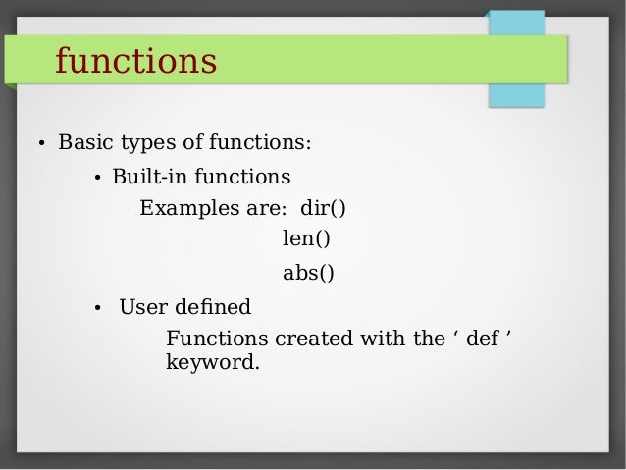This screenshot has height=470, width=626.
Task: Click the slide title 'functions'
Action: click(135, 61)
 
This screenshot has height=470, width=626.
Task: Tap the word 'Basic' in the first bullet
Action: click(85, 143)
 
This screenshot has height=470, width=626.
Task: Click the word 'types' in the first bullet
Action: click(148, 143)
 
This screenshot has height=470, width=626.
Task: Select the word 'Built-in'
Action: click(149, 178)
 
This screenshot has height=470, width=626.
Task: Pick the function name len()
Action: click(306, 238)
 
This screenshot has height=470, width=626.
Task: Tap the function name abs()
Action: click(308, 273)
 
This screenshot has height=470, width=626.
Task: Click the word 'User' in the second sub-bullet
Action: click(141, 307)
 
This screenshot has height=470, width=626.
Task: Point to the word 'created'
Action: click(316, 339)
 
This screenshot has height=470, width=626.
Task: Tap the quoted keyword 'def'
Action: click(482, 339)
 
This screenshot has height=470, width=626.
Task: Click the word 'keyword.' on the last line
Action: click(213, 364)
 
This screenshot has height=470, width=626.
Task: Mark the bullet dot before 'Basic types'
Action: click(40, 145)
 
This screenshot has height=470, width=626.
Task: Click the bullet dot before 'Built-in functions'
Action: click(96, 180)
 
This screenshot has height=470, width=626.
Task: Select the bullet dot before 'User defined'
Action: click(96, 309)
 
